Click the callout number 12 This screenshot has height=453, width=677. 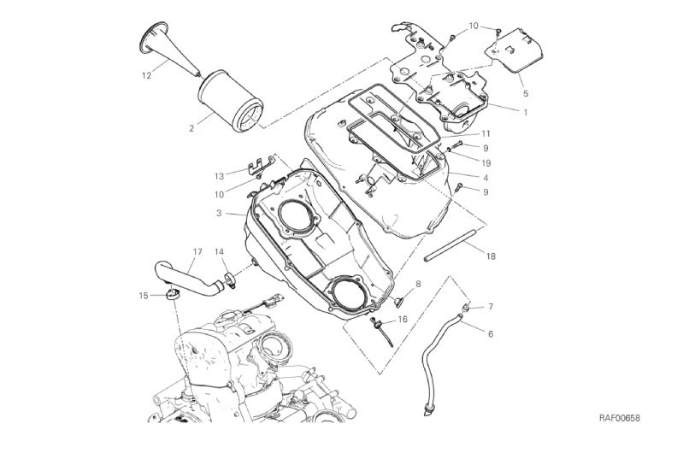click(146, 75)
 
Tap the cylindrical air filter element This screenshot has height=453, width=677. click(231, 101)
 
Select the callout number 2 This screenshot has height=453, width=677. click(191, 128)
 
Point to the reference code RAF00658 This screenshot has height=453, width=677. click(619, 418)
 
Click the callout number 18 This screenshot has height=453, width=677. click(491, 256)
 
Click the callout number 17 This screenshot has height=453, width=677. click(197, 252)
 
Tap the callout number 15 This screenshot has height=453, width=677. click(144, 296)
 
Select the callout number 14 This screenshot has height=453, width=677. click(219, 251)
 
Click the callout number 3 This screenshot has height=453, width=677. click(219, 214)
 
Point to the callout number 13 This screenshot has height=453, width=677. click(220, 176)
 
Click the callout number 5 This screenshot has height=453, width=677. click(526, 93)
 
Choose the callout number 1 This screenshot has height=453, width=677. click(526, 113)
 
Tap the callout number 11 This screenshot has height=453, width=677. click(486, 133)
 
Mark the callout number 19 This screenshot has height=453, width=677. click(486, 163)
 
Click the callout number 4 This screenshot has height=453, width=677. click(486, 178)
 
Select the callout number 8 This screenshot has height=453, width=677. click(418, 284)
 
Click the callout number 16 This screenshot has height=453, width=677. click(403, 319)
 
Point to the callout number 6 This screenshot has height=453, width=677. click(490, 334)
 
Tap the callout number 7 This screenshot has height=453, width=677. click(490, 307)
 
